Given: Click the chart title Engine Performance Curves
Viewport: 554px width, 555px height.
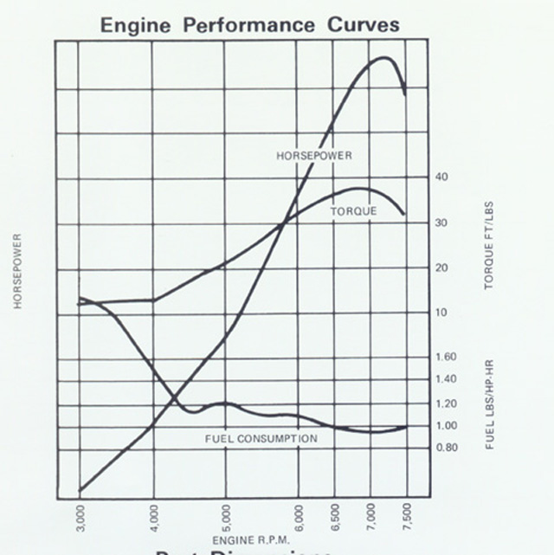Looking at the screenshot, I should pos(250,24).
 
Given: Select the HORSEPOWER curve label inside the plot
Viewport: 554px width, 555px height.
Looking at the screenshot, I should pos(314,156).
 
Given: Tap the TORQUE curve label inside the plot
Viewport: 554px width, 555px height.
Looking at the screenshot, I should pos(353,211).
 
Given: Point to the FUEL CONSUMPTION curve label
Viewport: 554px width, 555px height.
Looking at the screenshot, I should pos(261,439).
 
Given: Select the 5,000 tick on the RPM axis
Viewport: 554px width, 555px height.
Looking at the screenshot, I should pos(226,519).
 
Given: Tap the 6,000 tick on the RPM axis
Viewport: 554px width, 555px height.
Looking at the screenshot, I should pos(299,519).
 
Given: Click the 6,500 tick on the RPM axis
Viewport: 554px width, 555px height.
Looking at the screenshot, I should pos(335,519).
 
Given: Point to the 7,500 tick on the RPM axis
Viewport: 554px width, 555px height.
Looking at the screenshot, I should pos(408,519).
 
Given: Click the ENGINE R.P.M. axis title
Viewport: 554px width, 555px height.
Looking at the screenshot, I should pos(244,540).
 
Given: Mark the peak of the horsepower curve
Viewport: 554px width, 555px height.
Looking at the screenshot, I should pos(383,58).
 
